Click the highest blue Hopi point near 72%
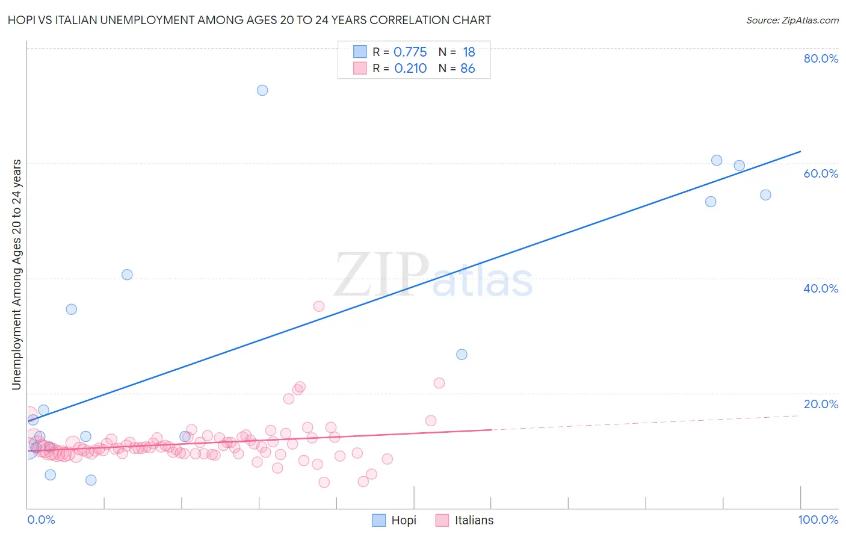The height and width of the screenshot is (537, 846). click(x=262, y=90)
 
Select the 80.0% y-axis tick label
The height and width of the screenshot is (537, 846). click(x=821, y=58)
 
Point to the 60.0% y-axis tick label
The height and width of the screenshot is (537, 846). click(x=821, y=173)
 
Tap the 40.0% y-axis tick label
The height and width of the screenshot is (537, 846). click(x=821, y=288)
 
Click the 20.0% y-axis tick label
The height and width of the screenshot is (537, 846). click(x=821, y=404)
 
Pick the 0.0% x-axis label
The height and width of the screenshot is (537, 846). click(x=41, y=520)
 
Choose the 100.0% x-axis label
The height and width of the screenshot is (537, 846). click(x=818, y=520)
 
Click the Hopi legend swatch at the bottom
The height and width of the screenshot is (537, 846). click(x=378, y=520)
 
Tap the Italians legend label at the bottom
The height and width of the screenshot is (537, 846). click(x=474, y=520)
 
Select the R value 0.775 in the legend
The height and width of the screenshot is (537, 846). click(x=410, y=52)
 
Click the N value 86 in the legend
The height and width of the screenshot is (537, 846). click(x=468, y=69)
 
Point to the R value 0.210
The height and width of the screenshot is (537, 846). click(x=410, y=69)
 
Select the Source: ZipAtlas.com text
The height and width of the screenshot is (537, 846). click(x=792, y=20)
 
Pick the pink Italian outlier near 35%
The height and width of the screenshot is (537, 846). click(x=319, y=306)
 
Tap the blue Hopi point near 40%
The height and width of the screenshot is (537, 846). click(x=127, y=275)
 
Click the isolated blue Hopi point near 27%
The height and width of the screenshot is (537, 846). click(x=462, y=355)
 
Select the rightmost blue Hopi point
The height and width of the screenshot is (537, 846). click(x=765, y=195)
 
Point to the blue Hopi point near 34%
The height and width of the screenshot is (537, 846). click(x=72, y=309)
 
